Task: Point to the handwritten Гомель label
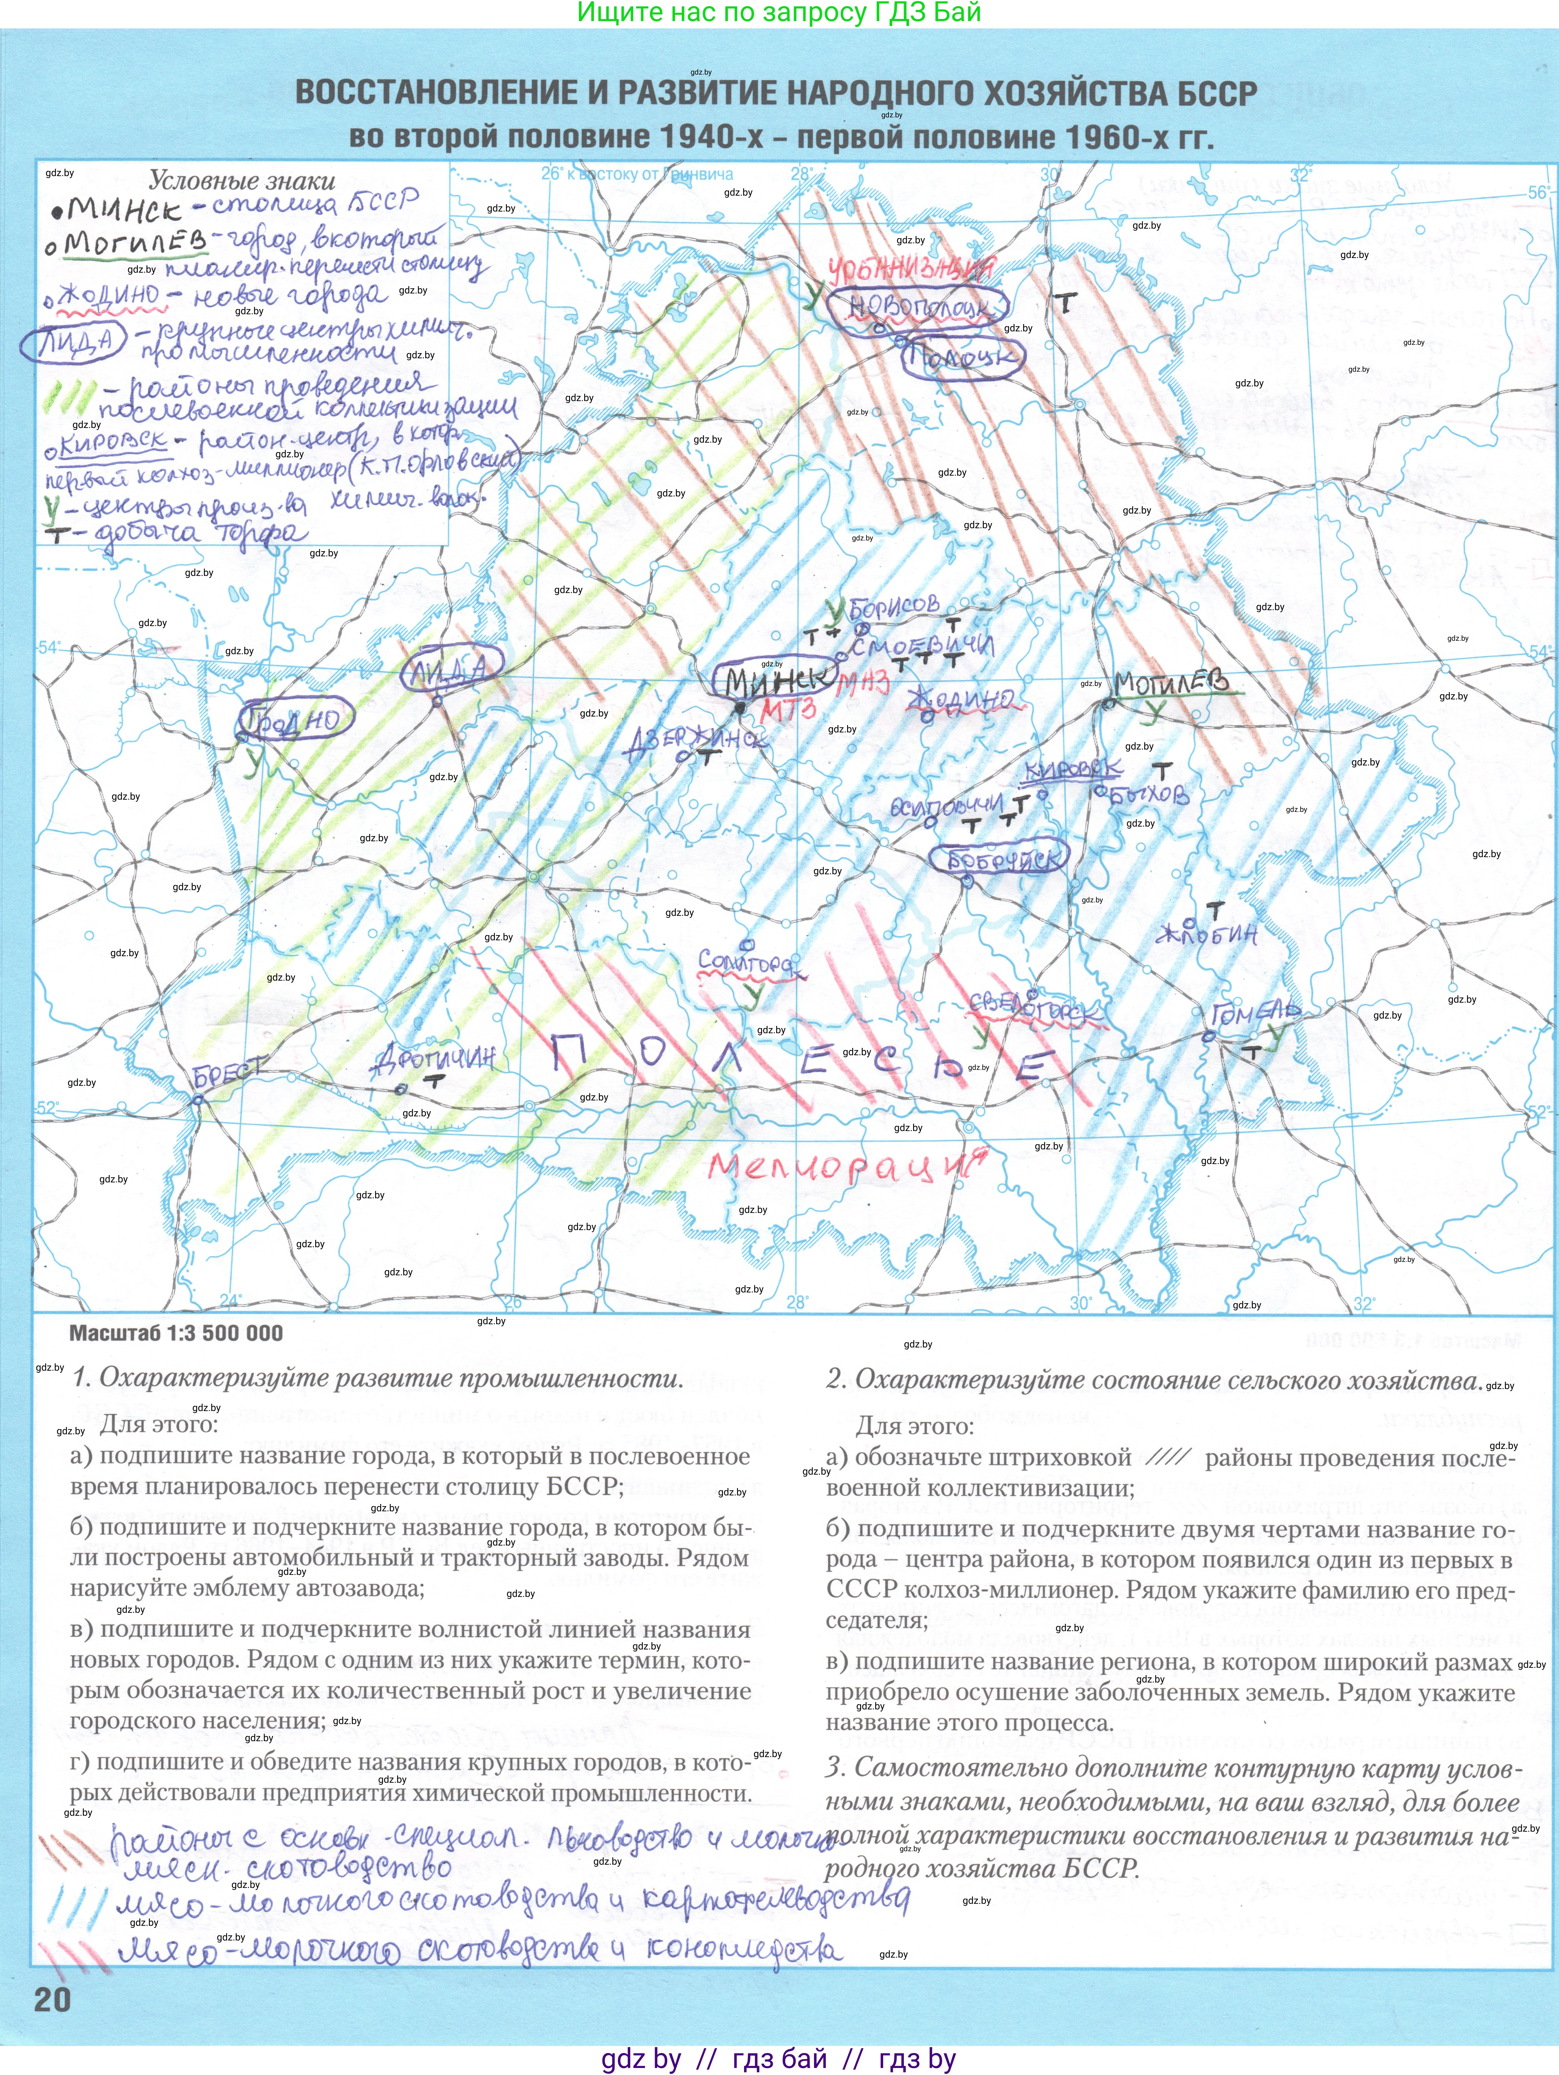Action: click(1255, 1013)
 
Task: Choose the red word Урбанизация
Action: click(910, 270)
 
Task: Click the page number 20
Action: click(53, 2000)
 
